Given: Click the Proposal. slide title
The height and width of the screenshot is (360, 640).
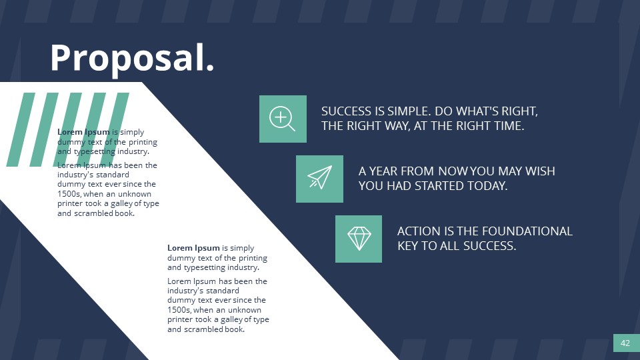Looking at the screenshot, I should coord(132,58).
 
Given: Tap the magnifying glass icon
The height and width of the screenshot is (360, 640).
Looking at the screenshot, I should coord(282,119).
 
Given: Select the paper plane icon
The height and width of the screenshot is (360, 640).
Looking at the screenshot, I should coord(319,179).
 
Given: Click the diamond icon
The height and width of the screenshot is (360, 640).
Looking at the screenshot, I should coord(359,238).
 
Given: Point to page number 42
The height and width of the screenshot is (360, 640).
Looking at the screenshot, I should coord(625,343).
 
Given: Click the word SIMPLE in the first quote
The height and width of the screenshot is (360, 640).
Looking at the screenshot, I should coord(403,111).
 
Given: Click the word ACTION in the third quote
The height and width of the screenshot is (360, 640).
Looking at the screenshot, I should coord(417,231).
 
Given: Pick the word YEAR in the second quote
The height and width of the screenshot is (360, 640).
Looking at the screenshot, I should coord(386,171).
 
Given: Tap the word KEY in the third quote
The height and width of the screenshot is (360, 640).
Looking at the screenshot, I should coord(409,245).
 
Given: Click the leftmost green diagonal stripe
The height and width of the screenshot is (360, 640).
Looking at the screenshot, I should coord(20,129).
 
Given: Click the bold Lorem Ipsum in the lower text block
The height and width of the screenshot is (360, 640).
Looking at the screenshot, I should coord(193,248).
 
